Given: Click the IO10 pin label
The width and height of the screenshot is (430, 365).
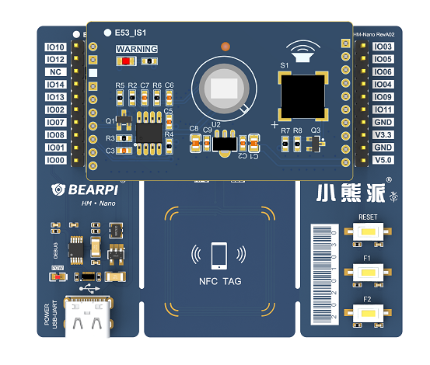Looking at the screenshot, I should click(56, 47).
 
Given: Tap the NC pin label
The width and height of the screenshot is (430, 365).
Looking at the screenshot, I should click(56, 71).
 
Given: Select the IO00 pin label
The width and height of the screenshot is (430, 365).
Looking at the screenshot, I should click(56, 160).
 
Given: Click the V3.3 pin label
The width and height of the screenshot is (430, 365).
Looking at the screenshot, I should click(383, 135).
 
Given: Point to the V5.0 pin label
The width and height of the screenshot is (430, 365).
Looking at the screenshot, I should click(383, 160).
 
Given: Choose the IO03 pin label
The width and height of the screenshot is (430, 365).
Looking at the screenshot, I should click(383, 47).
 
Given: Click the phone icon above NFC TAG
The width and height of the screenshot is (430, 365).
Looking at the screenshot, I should click(218, 255).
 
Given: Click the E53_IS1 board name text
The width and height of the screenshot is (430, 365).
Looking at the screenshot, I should click(131, 33).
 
